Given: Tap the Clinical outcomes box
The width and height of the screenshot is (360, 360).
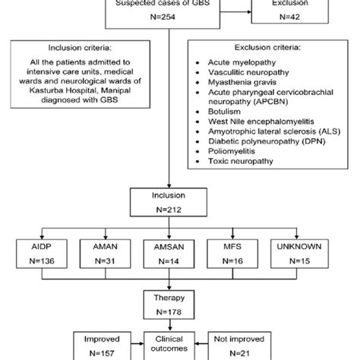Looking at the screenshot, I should point(180,351).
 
